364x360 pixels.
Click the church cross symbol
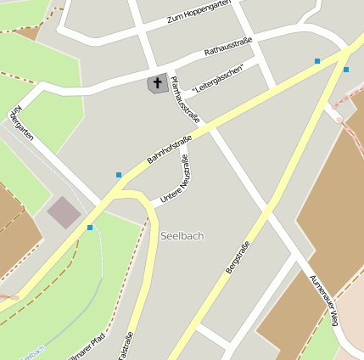[156, 83]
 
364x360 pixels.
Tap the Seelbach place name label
[182, 235]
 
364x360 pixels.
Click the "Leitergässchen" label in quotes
[218, 77]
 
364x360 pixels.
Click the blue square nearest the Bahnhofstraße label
[119, 175]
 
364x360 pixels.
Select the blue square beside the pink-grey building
[90, 228]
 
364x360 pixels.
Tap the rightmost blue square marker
[346, 70]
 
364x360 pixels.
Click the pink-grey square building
[64, 212]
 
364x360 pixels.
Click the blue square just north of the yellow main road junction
[317, 61]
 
